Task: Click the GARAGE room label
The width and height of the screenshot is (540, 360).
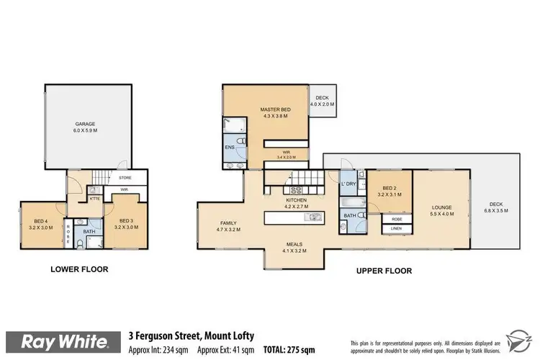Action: pos(86,124)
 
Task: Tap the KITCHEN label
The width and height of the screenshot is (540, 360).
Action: pos(296,199)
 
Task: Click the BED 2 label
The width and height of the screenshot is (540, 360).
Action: pos(389,190)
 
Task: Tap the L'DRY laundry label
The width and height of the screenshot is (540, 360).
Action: pos(348,184)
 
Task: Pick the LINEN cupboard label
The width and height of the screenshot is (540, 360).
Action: pos(396,228)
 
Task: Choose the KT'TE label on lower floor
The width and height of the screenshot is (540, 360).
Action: pos(94,198)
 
